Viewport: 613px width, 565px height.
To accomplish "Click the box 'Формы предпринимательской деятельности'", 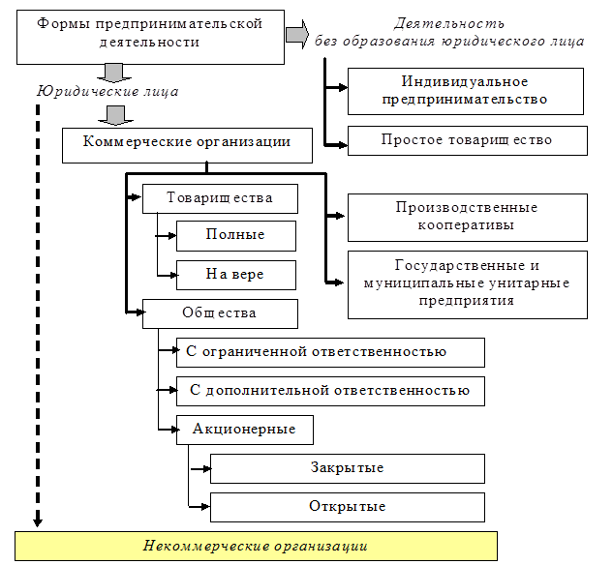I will tap(149, 33).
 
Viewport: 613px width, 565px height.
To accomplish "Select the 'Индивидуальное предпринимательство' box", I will tap(466, 91).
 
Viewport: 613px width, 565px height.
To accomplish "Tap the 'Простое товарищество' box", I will tap(466, 140).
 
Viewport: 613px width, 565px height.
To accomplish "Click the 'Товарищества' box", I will tap(220, 198).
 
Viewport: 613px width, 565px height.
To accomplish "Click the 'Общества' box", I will tap(220, 312).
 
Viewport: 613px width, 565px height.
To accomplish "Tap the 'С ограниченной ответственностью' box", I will tap(330, 352).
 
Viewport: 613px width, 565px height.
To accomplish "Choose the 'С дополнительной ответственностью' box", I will tap(330, 391).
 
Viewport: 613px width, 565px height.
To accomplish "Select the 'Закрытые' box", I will tap(348, 468).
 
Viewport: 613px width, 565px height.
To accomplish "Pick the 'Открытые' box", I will tap(348, 507).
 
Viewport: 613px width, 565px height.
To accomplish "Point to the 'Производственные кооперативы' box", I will tap(467, 217).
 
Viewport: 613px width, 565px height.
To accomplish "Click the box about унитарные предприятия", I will tap(467, 283).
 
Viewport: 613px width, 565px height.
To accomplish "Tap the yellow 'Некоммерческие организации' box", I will tap(256, 546).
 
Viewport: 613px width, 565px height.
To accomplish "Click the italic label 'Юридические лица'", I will tap(107, 92).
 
